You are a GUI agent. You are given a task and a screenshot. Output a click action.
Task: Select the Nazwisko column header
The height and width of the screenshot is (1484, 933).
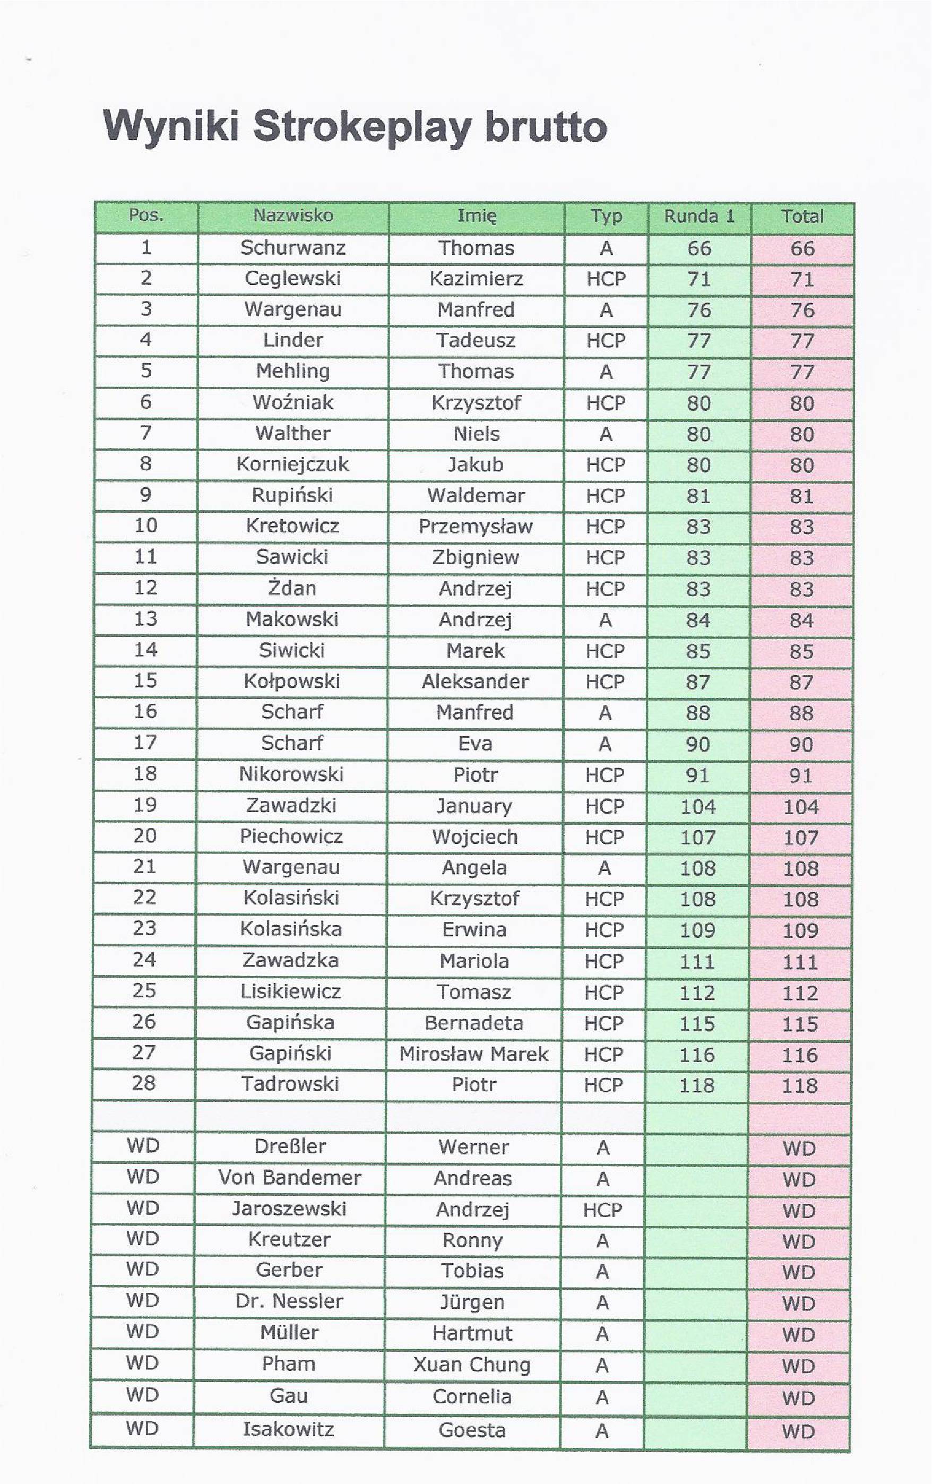pos(293,215)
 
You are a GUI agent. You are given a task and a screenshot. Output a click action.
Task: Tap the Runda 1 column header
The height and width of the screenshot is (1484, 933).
pos(699,217)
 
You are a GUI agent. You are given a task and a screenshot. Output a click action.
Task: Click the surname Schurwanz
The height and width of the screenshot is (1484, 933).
pos(293,248)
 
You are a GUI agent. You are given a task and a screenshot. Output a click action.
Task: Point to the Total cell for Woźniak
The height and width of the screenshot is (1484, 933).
pos(802,403)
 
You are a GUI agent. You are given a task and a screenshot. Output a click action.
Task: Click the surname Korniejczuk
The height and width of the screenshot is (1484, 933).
pos(293,464)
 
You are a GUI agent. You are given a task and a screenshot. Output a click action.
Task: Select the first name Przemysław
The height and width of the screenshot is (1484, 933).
pos(475,527)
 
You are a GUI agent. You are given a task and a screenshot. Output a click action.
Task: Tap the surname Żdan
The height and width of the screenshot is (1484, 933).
pos(292,588)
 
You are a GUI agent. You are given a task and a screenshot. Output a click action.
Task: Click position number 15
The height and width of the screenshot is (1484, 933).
pos(145,680)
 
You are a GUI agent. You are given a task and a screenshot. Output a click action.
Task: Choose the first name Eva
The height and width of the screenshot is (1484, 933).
pos(474,743)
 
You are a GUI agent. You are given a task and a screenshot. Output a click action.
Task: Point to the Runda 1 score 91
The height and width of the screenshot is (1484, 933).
pos(697,775)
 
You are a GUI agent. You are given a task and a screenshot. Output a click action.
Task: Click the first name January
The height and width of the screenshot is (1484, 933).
pos(474,806)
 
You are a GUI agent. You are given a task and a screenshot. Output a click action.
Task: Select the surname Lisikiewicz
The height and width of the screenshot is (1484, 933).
pos(290,991)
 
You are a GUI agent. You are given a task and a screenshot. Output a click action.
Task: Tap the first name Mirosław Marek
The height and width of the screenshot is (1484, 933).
pos(473,1054)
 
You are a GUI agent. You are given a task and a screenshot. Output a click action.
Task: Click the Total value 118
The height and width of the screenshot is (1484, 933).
pos(799,1085)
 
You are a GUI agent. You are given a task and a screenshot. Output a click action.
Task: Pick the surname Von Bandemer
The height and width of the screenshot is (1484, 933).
pos(289,1178)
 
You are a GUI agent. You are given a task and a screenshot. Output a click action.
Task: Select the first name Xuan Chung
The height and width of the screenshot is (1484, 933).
pos(472,1365)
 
